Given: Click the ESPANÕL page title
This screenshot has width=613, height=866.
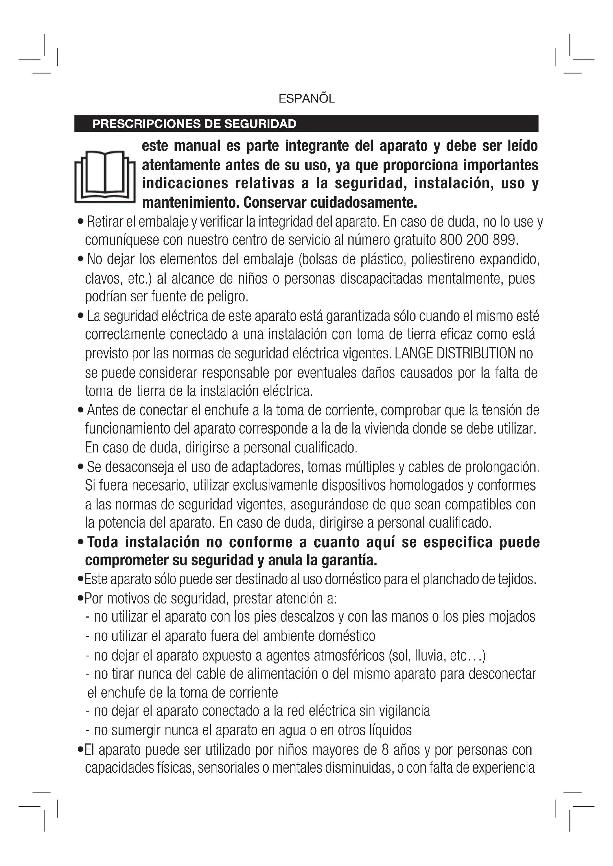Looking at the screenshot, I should pyautogui.click(x=306, y=99).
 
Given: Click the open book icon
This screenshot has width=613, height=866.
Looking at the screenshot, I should pyautogui.click(x=105, y=177).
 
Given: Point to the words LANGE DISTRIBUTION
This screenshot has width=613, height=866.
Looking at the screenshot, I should pyautogui.click(x=455, y=354).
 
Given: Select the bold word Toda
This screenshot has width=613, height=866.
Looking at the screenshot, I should pyautogui.click(x=103, y=542).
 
